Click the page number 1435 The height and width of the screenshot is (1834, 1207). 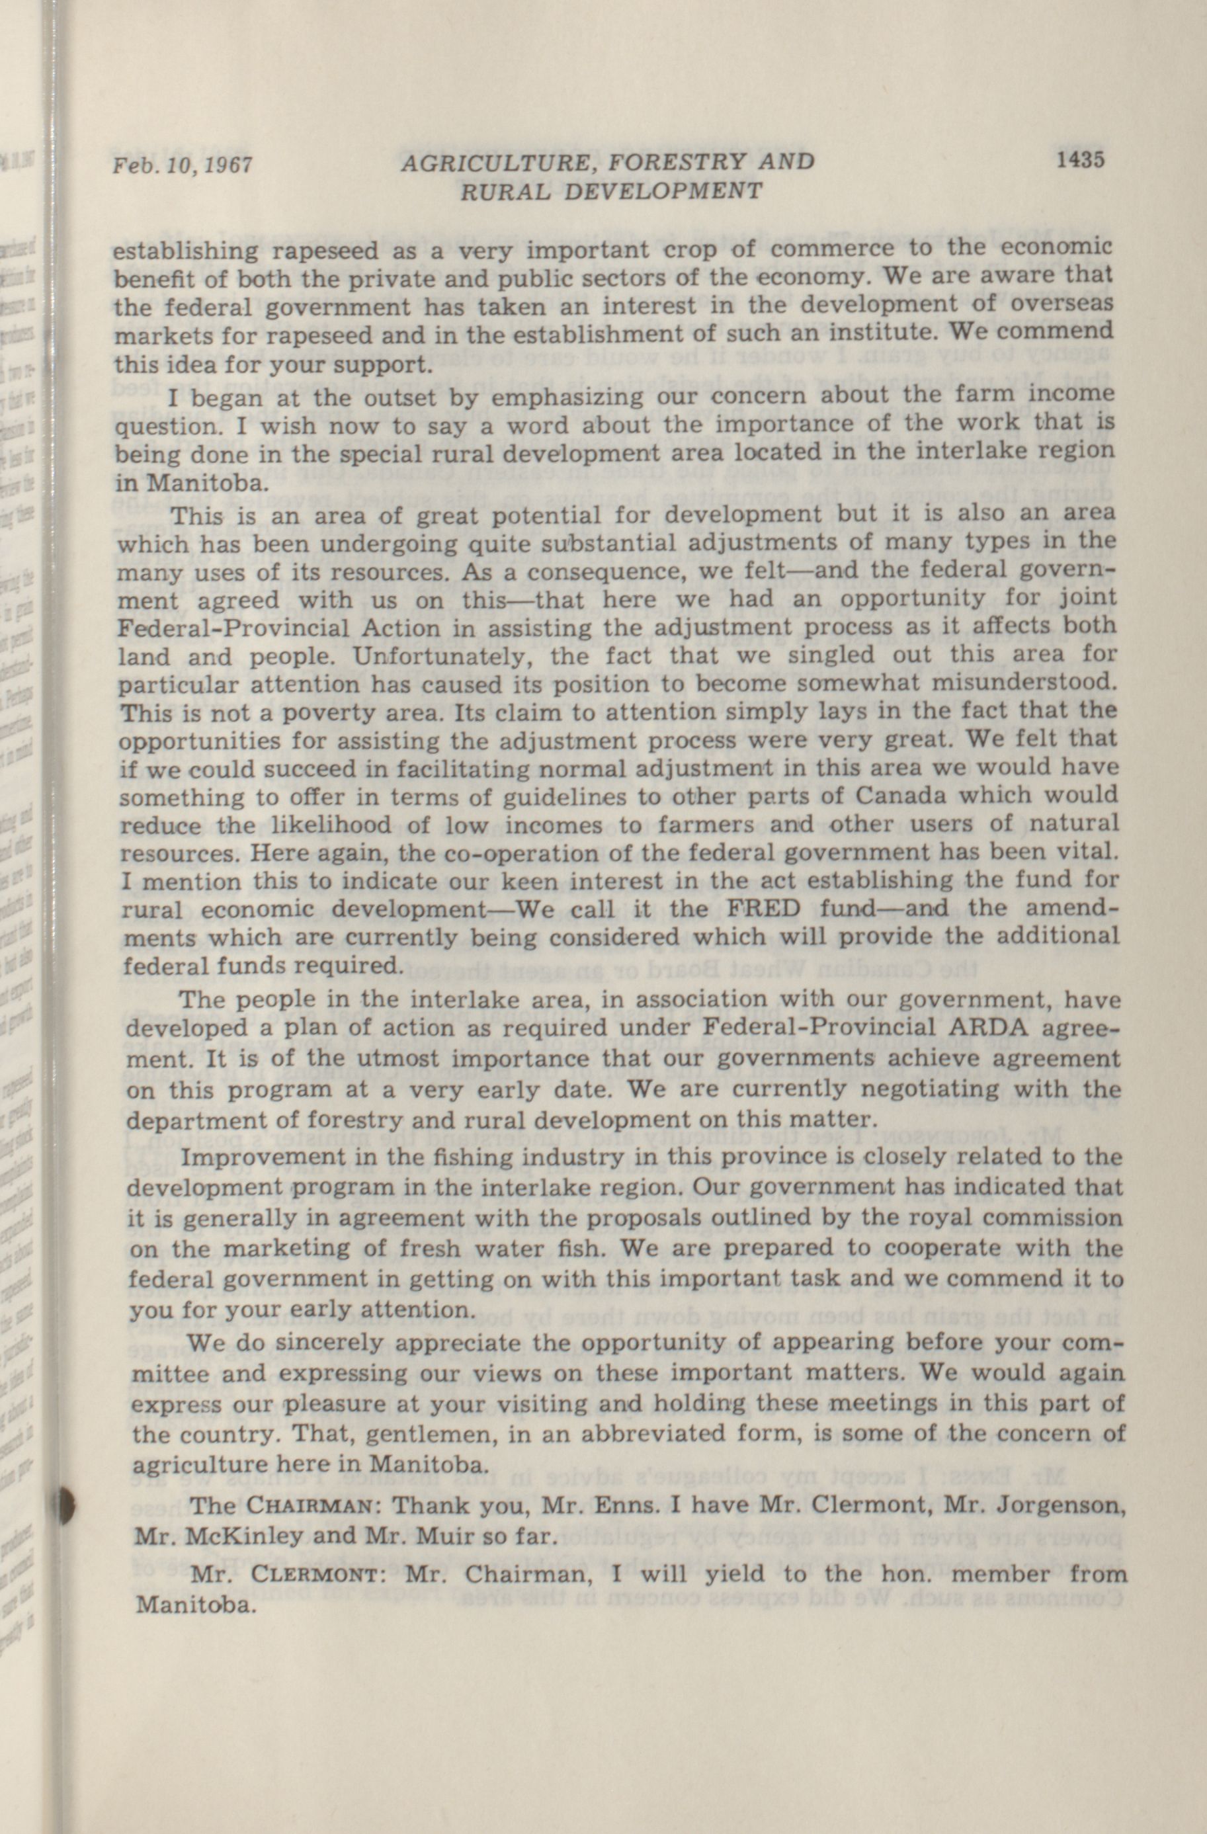[x=1081, y=159]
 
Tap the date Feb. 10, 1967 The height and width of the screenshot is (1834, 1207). [x=182, y=165]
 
